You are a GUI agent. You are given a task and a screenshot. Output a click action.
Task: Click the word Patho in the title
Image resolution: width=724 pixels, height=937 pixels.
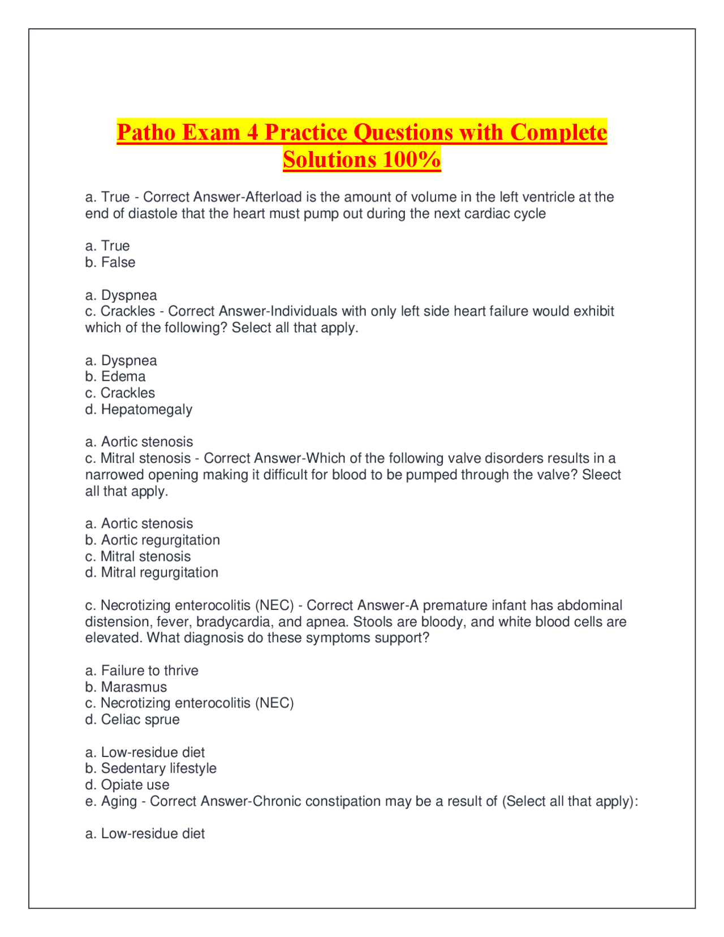[145, 132]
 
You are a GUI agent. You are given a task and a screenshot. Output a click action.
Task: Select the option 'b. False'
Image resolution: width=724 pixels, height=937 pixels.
[110, 263]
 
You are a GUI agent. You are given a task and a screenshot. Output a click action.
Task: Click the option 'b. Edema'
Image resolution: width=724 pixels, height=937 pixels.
[115, 377]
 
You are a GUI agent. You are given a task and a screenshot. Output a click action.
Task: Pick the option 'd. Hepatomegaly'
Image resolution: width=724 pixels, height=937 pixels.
[139, 410]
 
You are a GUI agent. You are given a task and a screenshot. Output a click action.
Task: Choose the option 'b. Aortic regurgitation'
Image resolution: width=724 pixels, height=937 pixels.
[152, 540]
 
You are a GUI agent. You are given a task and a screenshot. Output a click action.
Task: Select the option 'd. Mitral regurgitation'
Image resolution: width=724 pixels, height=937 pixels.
[152, 573]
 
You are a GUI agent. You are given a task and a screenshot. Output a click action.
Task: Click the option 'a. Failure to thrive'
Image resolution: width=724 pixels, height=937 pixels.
[141, 671]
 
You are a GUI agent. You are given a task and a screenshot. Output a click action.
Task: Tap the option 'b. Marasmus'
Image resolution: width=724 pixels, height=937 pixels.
[126, 687]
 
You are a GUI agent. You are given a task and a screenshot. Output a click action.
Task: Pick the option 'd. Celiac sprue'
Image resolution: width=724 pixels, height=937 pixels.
[132, 720]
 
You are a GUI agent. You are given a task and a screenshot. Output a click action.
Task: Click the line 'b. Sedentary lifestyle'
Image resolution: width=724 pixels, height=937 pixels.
[150, 768]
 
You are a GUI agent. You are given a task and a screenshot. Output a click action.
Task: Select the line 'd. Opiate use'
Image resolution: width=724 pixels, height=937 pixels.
[127, 785]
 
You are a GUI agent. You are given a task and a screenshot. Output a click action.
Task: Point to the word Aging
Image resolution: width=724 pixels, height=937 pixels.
[119, 802]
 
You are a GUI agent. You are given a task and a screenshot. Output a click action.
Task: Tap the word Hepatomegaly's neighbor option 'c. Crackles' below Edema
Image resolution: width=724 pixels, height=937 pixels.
[120, 393]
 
